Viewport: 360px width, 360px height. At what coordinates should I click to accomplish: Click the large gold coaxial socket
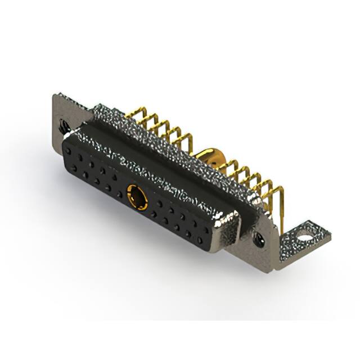pos(137,196)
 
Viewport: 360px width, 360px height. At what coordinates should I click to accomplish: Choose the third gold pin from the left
pos(153,125)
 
